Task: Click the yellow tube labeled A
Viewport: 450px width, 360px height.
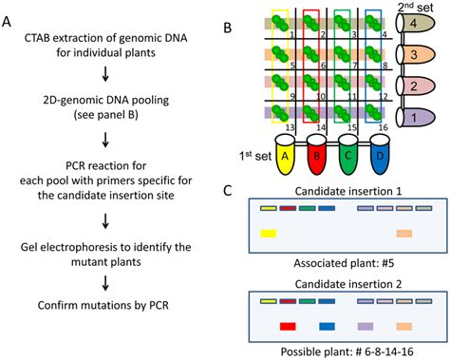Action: [x=285, y=154]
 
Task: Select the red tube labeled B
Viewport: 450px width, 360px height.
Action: [x=316, y=154]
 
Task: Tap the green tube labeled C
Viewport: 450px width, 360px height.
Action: [x=348, y=154]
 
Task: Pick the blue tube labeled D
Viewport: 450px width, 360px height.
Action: [x=380, y=154]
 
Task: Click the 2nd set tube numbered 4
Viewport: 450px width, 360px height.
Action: [x=416, y=24]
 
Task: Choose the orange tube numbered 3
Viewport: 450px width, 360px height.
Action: [x=416, y=55]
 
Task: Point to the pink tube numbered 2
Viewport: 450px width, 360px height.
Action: [x=416, y=86]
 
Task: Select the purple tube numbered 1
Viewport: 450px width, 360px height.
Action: [x=416, y=118]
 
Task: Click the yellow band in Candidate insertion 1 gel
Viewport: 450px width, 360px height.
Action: [x=269, y=234]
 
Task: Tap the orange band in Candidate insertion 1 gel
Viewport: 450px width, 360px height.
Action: [x=404, y=234]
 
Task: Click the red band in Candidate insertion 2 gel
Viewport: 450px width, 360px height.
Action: [x=288, y=327]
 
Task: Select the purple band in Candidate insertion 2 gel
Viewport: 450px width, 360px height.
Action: [x=366, y=327]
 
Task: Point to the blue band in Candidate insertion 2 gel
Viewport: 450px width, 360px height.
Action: [x=327, y=327]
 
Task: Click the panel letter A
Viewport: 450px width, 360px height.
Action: [x=7, y=22]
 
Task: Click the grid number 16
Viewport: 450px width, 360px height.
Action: [x=383, y=127]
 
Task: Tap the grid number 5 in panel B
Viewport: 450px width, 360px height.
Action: [x=292, y=66]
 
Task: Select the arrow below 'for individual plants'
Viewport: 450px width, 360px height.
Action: [x=105, y=74]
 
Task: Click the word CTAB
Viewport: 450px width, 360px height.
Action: [x=36, y=38]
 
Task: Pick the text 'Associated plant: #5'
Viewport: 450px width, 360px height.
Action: [x=344, y=263]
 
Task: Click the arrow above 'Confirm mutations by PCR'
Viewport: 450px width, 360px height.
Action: [x=105, y=283]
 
